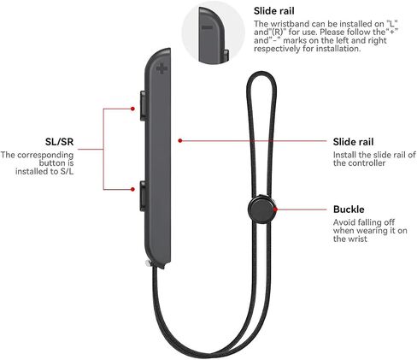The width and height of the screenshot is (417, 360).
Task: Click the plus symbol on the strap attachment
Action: [x=162, y=68]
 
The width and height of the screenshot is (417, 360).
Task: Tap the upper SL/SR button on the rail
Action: [x=144, y=105]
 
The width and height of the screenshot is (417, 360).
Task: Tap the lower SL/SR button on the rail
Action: [x=143, y=196]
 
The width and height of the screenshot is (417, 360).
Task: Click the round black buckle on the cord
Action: [x=261, y=209]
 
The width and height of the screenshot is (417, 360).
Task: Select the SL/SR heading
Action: [x=59, y=142]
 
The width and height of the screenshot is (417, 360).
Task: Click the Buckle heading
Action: [x=349, y=210]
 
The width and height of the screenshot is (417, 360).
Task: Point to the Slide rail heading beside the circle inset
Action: [x=274, y=11]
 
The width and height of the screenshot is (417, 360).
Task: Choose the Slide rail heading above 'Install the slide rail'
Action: [x=353, y=142]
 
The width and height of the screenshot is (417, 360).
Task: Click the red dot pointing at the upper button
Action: [x=132, y=109]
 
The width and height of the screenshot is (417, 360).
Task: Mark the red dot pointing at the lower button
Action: [x=132, y=189]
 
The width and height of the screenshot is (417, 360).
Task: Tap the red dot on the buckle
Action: [x=275, y=210]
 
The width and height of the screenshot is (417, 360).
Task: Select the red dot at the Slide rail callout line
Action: [x=180, y=140]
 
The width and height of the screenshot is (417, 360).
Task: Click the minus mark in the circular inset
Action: [x=207, y=27]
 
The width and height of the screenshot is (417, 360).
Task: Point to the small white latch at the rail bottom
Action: [x=148, y=263]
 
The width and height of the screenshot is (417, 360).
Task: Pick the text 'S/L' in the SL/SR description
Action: [x=67, y=171]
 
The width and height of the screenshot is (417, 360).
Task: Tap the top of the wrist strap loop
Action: [x=261, y=73]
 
